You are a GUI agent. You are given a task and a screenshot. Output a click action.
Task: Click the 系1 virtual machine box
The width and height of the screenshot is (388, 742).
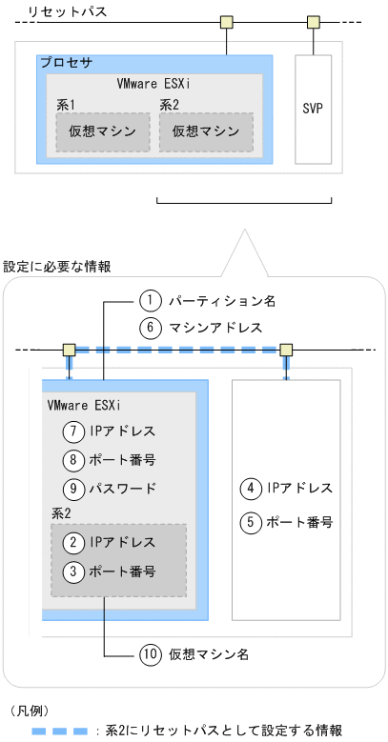[x=102, y=131]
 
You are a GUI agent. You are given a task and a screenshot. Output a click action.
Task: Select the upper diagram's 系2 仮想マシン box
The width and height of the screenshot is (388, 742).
[x=205, y=131]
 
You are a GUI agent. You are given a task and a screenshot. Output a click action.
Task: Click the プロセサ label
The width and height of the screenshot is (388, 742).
[x=66, y=63]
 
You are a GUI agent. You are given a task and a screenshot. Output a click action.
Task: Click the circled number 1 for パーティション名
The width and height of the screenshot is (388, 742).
[x=150, y=301]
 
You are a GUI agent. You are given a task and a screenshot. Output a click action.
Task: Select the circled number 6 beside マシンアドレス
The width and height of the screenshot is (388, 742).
[x=150, y=327]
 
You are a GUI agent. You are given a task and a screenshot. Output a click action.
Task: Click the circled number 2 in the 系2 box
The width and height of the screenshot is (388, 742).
[x=71, y=544]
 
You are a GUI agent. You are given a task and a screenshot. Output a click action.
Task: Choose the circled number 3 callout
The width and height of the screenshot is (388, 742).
[x=71, y=572]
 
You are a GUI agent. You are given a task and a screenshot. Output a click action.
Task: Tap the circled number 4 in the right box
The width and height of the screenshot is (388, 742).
[x=250, y=488]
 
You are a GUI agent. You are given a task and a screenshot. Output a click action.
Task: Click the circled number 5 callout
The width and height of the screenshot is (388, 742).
[x=250, y=521]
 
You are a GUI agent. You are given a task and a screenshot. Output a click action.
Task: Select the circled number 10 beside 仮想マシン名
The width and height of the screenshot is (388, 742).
[x=150, y=654]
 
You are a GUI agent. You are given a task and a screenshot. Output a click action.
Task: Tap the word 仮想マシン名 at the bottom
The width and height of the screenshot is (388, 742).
[x=209, y=654]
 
